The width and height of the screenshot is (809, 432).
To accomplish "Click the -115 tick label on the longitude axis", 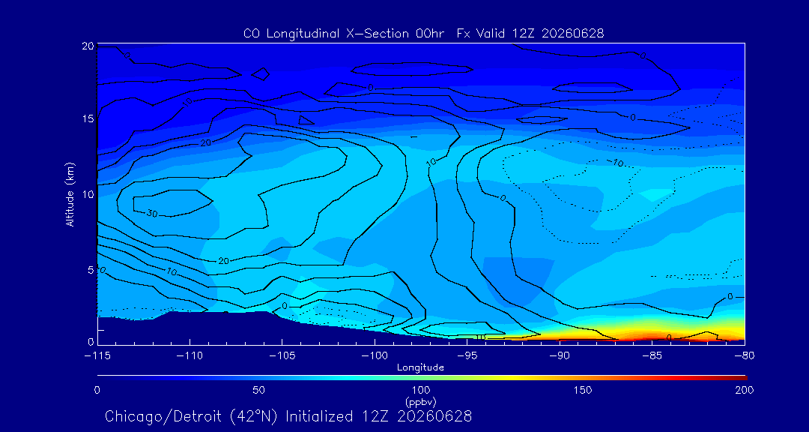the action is [97, 356].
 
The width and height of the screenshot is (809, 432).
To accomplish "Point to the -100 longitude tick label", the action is [375, 356].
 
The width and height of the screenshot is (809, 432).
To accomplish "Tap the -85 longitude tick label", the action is [652, 356].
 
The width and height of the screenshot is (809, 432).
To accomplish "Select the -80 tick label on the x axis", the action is [745, 356].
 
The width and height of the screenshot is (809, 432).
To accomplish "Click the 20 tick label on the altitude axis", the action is [87, 46].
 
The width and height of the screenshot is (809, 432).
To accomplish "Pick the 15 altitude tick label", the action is [87, 118].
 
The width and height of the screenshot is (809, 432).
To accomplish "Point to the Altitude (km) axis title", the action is [70, 193].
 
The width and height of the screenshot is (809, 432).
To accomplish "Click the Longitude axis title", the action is [420, 368].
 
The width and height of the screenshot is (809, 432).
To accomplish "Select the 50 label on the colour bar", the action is [259, 390].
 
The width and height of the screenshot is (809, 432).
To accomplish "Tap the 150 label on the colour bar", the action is [583, 390].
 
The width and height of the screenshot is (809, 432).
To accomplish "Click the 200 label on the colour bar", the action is [744, 390].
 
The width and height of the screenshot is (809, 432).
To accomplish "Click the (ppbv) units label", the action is [420, 401].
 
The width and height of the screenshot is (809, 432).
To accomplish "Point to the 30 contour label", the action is [151, 213].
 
